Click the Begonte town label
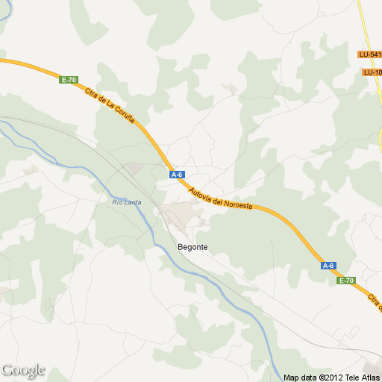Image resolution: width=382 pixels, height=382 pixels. [x=192, y=247]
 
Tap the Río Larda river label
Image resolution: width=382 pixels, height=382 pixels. [x=127, y=202]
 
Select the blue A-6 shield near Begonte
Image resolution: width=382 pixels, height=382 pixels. [x=177, y=175]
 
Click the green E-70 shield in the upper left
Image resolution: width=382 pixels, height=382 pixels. [x=69, y=80]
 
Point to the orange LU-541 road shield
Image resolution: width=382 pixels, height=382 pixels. [x=369, y=54]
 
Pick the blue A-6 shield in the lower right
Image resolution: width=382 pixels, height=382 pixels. [x=328, y=266]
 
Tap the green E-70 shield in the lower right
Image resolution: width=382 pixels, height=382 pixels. [x=345, y=281]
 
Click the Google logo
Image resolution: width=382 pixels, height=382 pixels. [x=23, y=370]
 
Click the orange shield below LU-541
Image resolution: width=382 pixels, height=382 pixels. [x=372, y=72]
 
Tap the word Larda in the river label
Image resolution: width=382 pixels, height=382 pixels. [x=132, y=202]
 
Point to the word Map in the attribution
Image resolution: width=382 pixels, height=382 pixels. [x=291, y=377]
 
